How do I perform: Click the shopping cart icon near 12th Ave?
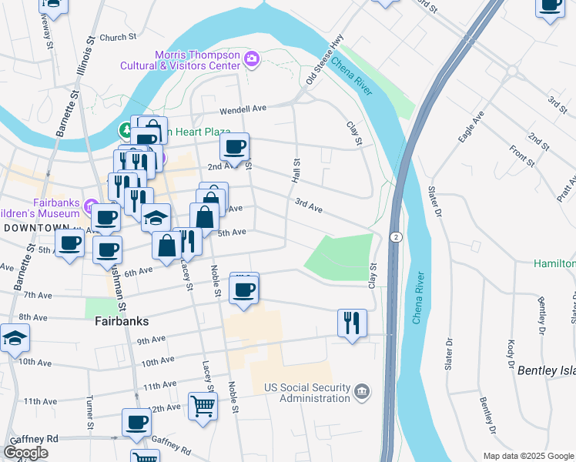point(203,405)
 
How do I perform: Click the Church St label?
point(118,36)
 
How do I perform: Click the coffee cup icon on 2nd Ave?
point(235,146)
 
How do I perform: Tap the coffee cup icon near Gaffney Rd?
point(137,422)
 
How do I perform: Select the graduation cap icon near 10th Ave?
point(15,338)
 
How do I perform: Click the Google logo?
point(26,453)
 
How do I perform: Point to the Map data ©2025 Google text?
point(527,456)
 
